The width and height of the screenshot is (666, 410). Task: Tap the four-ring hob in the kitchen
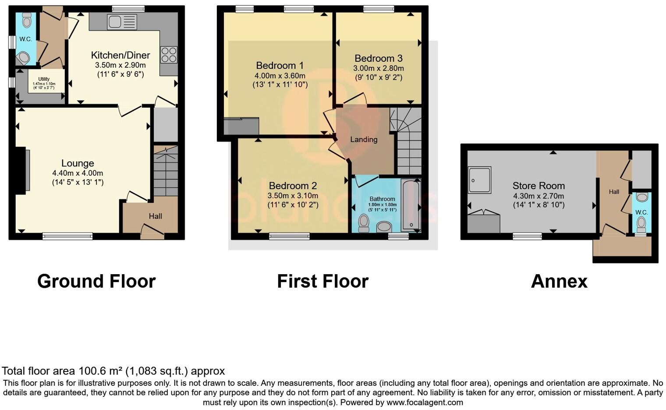169,55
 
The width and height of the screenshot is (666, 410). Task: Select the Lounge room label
78,163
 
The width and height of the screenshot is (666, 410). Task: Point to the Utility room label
44,79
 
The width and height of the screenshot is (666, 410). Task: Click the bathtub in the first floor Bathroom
411,204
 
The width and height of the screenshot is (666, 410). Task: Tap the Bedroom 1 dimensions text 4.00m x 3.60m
280,76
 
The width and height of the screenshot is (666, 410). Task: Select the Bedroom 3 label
378,58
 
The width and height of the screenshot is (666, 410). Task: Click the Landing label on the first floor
364,139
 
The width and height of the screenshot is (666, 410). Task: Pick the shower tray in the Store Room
479,180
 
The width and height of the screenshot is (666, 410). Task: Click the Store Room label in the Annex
538,186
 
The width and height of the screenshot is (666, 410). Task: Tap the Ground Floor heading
96,281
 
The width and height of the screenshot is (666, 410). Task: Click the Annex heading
559,281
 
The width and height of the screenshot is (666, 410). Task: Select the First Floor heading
323,281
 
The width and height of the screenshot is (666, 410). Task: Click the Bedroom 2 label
293,186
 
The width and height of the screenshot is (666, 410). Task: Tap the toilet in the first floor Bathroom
364,223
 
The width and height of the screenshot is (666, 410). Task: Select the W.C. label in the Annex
641,212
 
